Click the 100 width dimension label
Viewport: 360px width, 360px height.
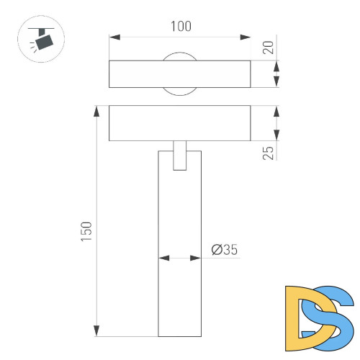coord(180,27)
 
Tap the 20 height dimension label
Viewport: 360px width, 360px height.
coord(269,48)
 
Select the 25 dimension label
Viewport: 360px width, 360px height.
coord(269,152)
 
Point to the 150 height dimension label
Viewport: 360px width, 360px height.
coord(86,230)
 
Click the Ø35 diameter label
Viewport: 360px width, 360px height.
coord(225,250)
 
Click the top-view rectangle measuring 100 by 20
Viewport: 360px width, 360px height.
coord(180,74)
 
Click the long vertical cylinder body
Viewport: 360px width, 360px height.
coord(180,288)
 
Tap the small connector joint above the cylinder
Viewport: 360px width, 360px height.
coord(180,155)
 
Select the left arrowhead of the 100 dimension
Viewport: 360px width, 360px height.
coord(114,36)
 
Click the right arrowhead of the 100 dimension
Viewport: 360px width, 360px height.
coord(246,36)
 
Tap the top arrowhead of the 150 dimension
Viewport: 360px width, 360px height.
coord(96,111)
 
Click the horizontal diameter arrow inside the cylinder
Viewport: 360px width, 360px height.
coord(180,257)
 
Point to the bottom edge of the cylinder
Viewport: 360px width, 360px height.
coord(180,336)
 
